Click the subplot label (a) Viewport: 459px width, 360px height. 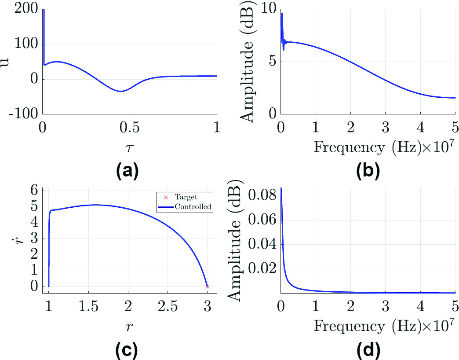pyautogui.click(x=127, y=170)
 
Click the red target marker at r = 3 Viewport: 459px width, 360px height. pyautogui.click(x=208, y=287)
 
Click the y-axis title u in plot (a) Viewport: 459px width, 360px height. pyautogui.click(x=5, y=62)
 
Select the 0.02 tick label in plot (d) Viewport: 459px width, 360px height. pyautogui.click(x=263, y=268)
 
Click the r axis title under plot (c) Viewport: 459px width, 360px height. pyautogui.click(x=127, y=325)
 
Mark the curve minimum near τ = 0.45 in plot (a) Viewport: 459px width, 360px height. pyautogui.click(x=121, y=91)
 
